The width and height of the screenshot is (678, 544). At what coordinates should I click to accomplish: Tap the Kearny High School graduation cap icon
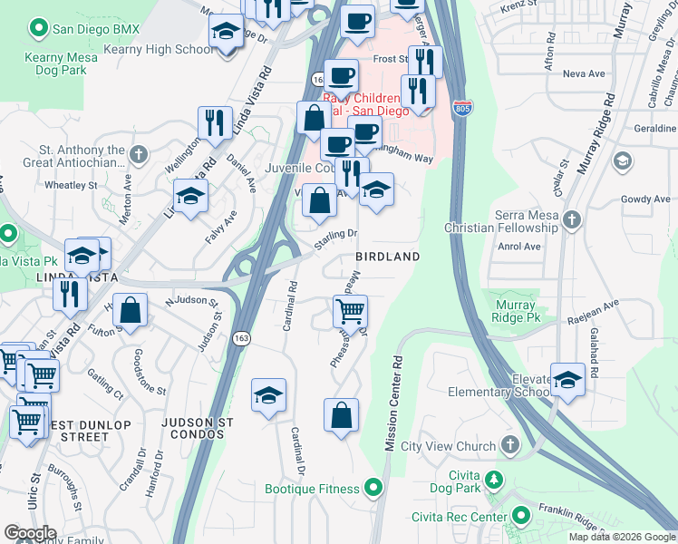[x=226, y=34]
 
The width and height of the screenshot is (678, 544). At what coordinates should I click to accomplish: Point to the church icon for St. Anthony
[x=138, y=152]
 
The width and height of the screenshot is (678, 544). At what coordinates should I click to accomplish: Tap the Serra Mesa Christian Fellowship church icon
[x=571, y=219]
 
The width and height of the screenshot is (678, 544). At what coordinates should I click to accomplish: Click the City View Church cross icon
[x=510, y=445]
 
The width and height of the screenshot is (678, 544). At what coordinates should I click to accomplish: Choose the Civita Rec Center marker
[x=520, y=516]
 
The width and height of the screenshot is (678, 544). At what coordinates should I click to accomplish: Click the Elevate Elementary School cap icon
[x=567, y=380]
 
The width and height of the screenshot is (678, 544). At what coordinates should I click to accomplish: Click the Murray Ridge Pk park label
[x=513, y=313]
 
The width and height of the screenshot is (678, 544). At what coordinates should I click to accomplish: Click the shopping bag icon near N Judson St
[x=131, y=310]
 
